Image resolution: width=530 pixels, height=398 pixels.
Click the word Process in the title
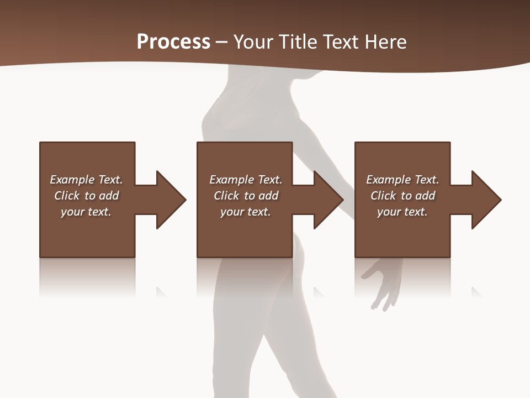[x=173, y=42]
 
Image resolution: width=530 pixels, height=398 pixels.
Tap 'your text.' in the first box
[x=86, y=212]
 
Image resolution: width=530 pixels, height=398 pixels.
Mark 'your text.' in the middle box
[x=246, y=212]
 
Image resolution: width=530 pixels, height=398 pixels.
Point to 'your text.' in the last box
[x=402, y=212]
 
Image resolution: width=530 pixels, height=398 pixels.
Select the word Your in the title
[x=253, y=42]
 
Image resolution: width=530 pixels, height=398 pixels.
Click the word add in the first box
[x=109, y=196]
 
